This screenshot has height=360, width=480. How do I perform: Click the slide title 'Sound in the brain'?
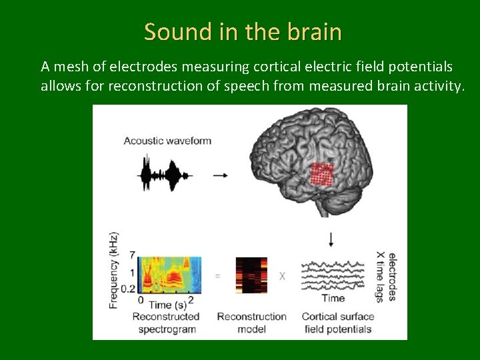[x=243, y=31]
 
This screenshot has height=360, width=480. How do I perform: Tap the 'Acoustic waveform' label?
[x=167, y=141]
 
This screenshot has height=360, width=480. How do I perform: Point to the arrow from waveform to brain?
[x=220, y=175]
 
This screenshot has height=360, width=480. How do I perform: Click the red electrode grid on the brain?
[x=323, y=175]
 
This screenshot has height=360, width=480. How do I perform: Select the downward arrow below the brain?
[x=331, y=239]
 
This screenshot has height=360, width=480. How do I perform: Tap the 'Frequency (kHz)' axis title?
[x=114, y=270]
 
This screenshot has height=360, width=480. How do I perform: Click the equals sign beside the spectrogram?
[x=218, y=275]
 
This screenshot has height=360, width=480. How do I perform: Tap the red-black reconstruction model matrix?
[x=251, y=275]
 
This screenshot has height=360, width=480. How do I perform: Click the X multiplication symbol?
[x=282, y=275]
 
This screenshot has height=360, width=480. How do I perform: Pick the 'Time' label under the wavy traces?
[x=333, y=298]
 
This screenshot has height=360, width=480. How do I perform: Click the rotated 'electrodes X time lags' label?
[x=386, y=275]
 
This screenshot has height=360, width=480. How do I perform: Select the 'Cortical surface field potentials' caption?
[x=338, y=323]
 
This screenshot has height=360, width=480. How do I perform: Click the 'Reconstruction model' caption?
[x=251, y=323]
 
